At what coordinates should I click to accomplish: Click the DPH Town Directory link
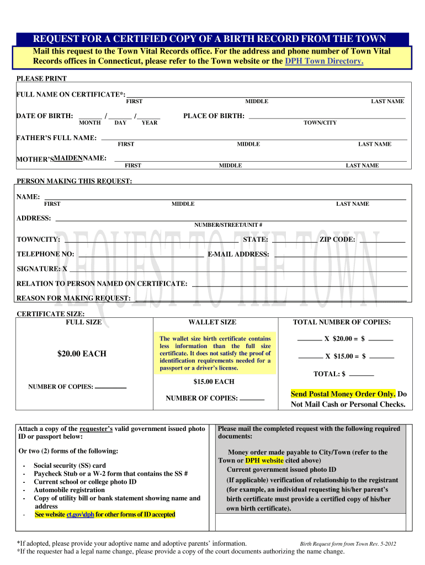(x=324, y=61)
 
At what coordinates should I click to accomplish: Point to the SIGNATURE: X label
(x=42, y=269)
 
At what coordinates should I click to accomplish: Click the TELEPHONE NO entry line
(x=141, y=255)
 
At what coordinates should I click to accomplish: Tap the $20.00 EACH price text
(x=82, y=354)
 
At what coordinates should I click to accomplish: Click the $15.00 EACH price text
(x=214, y=382)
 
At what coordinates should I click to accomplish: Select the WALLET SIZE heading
(x=212, y=322)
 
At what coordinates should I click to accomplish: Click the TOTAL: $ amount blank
(x=362, y=375)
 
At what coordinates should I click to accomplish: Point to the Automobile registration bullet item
(x=69, y=490)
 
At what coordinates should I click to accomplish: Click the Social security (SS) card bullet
(x=70, y=466)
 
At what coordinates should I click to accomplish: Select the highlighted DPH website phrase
(x=264, y=460)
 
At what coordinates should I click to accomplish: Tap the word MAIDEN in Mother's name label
(x=68, y=158)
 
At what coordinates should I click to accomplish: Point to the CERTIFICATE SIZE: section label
(x=51, y=314)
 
